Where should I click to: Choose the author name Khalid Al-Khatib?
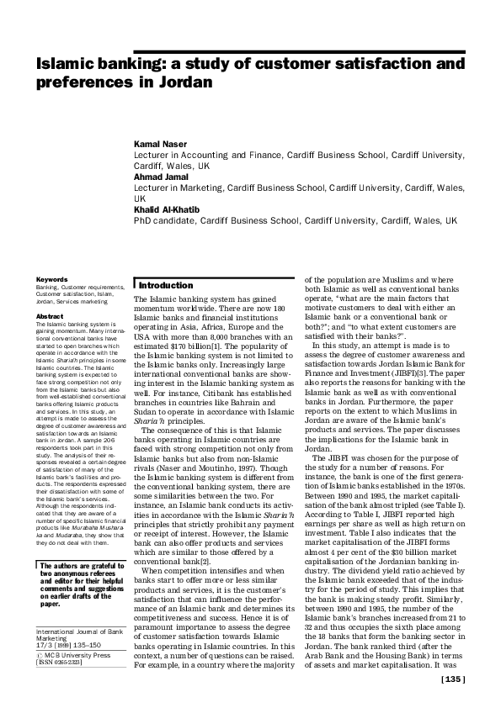pyautogui.click(x=169, y=209)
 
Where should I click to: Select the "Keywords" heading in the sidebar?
pyautogui.click(x=51, y=279)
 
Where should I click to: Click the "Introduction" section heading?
pyautogui.click(x=166, y=286)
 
